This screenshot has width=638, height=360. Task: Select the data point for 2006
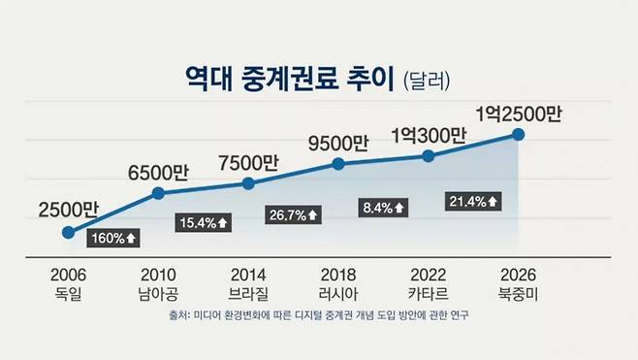point(68,232)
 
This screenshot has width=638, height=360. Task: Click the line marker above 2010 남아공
point(158,194)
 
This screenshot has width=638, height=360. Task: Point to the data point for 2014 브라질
point(248,183)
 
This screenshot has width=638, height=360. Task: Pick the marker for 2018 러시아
point(337,164)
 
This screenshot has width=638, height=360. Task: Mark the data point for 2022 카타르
point(428,155)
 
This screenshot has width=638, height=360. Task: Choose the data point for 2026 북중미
point(518,135)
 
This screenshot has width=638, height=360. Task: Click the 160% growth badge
point(113,237)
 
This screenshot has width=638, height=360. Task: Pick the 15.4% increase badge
point(204,222)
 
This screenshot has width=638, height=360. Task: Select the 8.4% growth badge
point(383,207)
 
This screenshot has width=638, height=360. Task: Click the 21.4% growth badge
point(473,201)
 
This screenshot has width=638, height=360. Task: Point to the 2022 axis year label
point(428,274)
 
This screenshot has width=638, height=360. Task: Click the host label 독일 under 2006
point(68,291)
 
